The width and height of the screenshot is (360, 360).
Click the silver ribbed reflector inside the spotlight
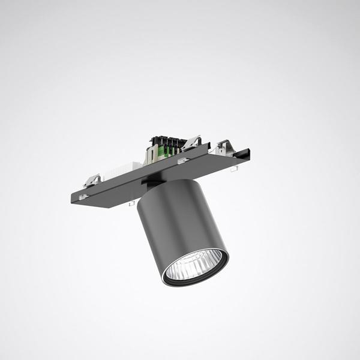[x=193, y=268]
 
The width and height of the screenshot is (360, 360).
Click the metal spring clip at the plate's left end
[x=91, y=179]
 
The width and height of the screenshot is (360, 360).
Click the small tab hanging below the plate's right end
[x=233, y=169]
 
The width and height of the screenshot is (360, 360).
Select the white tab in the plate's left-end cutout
[x=84, y=196]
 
